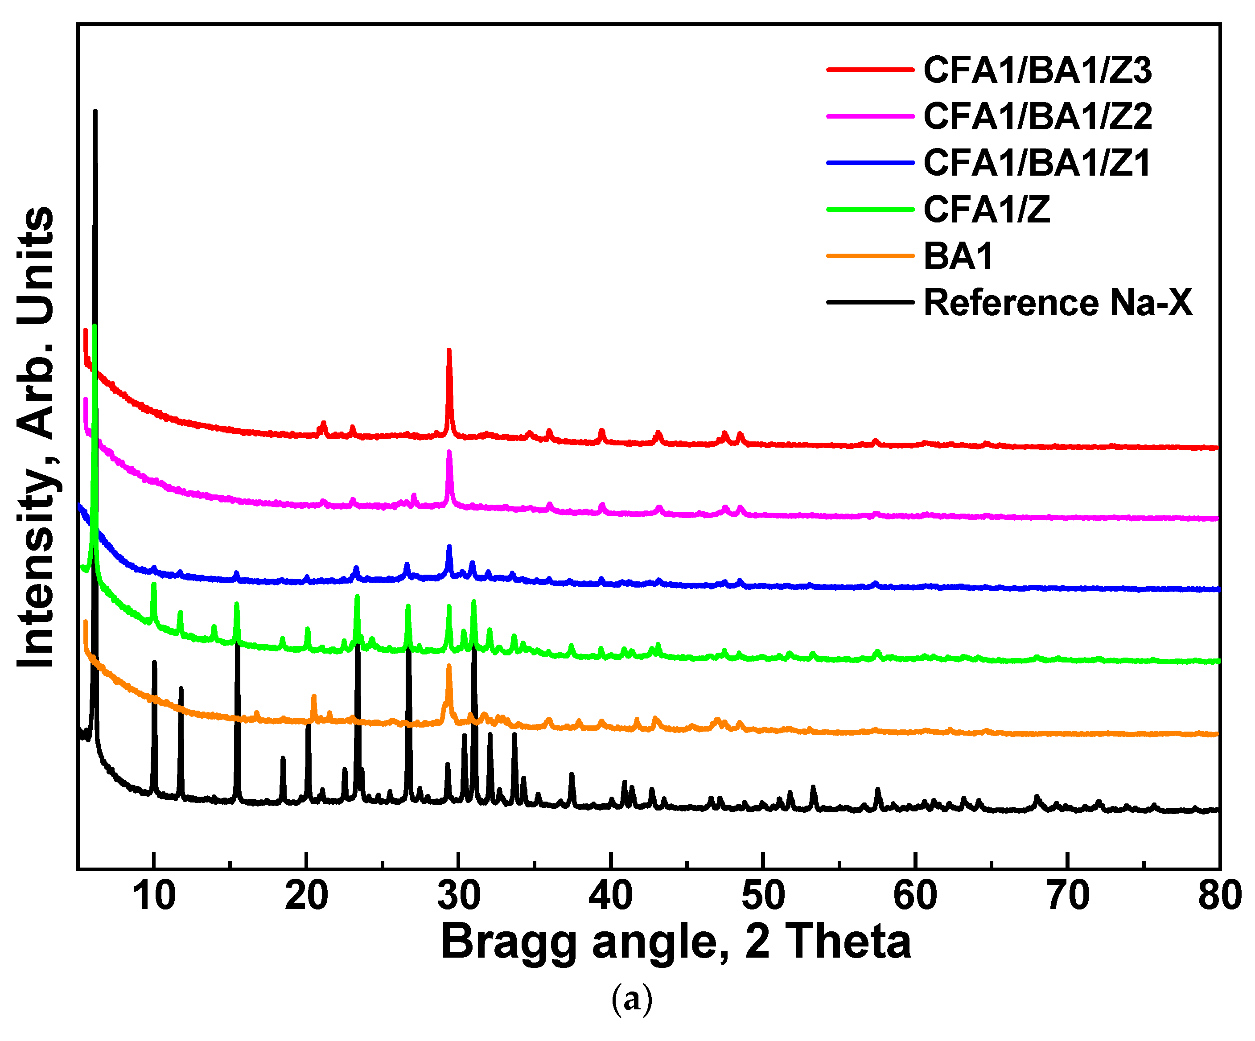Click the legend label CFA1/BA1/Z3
(1037, 70)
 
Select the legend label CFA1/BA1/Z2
(1037, 116)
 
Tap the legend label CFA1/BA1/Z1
(1037, 163)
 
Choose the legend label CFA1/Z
(986, 209)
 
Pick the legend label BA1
(958, 256)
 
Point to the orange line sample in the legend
(870, 256)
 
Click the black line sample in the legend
(870, 302)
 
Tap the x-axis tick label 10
(154, 896)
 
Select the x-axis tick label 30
(458, 896)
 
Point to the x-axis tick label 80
(1219, 896)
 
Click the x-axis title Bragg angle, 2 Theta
(675, 941)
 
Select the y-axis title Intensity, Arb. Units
(36, 436)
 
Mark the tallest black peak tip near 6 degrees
(95, 111)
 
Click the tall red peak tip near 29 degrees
(449, 350)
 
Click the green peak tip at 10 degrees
(154, 584)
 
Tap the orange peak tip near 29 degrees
(449, 666)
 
